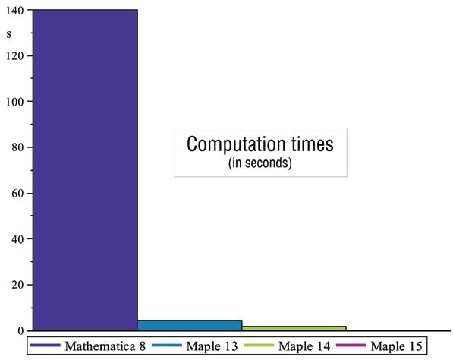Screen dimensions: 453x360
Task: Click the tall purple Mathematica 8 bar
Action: [85, 170]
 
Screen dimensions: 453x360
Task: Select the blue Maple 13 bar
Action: [190, 325]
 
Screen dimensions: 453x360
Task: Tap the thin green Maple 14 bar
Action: [294, 328]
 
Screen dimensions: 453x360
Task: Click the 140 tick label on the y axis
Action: [14, 11]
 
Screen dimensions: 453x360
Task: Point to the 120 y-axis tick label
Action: [14, 55]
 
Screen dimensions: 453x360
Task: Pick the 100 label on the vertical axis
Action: [14, 102]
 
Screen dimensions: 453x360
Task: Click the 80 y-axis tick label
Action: [17, 147]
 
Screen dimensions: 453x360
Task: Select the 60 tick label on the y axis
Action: [17, 194]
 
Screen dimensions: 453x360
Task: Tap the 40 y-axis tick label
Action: [17, 239]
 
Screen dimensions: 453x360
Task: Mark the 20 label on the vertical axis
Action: [17, 285]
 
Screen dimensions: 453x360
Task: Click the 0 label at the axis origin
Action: [20, 331]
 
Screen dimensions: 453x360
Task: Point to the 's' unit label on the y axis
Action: [9, 34]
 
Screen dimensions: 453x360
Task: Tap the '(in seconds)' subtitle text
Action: [260, 163]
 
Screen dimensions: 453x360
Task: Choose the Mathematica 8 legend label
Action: [105, 346]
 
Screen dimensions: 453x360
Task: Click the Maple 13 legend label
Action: [212, 346]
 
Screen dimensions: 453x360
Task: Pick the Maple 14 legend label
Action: [304, 346]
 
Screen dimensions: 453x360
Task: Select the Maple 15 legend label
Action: [396, 346]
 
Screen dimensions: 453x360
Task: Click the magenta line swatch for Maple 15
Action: [351, 346]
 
